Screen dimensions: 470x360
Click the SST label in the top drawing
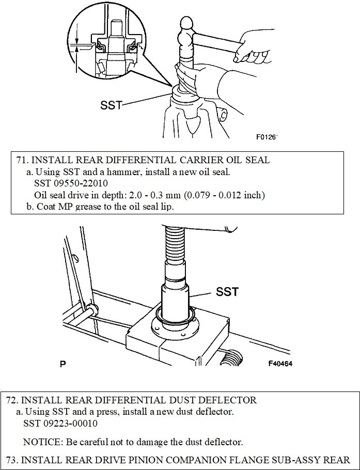pos(111,105)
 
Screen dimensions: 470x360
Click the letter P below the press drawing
pos(63,364)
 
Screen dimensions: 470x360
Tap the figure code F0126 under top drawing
pos(267,138)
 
